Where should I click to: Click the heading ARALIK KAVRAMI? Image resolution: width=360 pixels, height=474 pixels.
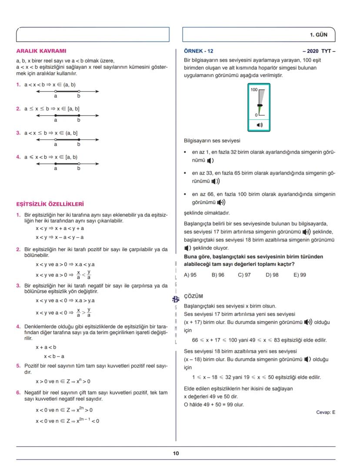[x=41, y=51]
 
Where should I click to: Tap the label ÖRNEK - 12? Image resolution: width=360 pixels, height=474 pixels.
[x=199, y=51]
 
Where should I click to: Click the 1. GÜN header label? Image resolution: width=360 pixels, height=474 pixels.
[x=318, y=34]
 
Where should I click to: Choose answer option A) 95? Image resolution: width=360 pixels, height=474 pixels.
[x=190, y=275]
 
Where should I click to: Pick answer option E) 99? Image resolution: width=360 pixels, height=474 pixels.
[x=300, y=275]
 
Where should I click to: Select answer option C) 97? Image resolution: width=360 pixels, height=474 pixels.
[x=245, y=275]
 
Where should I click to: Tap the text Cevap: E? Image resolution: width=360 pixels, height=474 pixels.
[x=325, y=412]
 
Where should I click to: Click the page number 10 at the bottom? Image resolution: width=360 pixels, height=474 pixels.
[x=176, y=453]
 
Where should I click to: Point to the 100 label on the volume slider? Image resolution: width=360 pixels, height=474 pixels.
[x=254, y=89]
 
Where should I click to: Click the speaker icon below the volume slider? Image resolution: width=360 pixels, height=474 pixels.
[x=260, y=125]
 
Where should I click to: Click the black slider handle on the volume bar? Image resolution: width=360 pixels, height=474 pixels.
[x=260, y=105]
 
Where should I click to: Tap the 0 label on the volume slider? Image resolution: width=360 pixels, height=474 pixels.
[x=256, y=115]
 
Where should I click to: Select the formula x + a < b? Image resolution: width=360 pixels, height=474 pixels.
[x=46, y=347]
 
